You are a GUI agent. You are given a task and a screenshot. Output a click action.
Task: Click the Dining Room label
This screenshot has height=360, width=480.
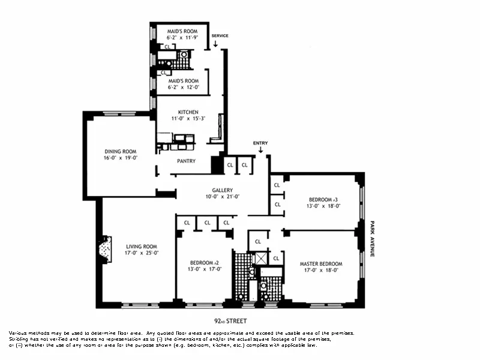click(x=121, y=151)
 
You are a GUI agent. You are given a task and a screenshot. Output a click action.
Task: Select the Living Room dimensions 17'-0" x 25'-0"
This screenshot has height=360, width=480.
click(x=142, y=253)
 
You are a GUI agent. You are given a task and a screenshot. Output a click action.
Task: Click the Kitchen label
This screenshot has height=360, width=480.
click(x=188, y=112)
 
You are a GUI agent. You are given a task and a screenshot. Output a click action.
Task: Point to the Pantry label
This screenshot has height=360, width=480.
click(x=186, y=161)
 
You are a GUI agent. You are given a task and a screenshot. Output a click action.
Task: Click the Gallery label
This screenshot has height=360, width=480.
click(x=221, y=190)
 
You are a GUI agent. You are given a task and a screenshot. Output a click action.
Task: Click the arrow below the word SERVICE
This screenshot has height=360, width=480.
click(x=215, y=43)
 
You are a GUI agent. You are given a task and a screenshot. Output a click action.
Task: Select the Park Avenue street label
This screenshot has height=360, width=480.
click(x=372, y=238)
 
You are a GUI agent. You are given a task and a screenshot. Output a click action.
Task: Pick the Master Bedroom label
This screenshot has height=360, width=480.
click(x=321, y=263)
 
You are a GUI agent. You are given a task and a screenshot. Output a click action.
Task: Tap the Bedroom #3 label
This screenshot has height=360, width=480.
click(x=324, y=199)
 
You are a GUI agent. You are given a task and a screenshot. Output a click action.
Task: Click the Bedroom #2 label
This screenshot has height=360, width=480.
click(x=202, y=262)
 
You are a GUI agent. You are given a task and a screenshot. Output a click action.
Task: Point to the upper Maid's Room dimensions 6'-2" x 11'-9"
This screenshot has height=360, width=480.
click(x=179, y=37)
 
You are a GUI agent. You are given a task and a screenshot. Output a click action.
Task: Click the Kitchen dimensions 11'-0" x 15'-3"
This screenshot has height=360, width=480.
click(x=188, y=119)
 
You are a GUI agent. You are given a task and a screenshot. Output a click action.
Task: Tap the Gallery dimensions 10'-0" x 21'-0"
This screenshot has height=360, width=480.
click(x=221, y=197)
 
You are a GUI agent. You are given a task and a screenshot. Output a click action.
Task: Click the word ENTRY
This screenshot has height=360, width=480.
click(x=260, y=143)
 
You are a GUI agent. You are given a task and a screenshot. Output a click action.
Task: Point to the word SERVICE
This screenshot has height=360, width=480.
click(x=220, y=36)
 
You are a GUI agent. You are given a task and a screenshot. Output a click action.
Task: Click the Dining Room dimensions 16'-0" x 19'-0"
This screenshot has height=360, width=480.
click(x=121, y=158)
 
